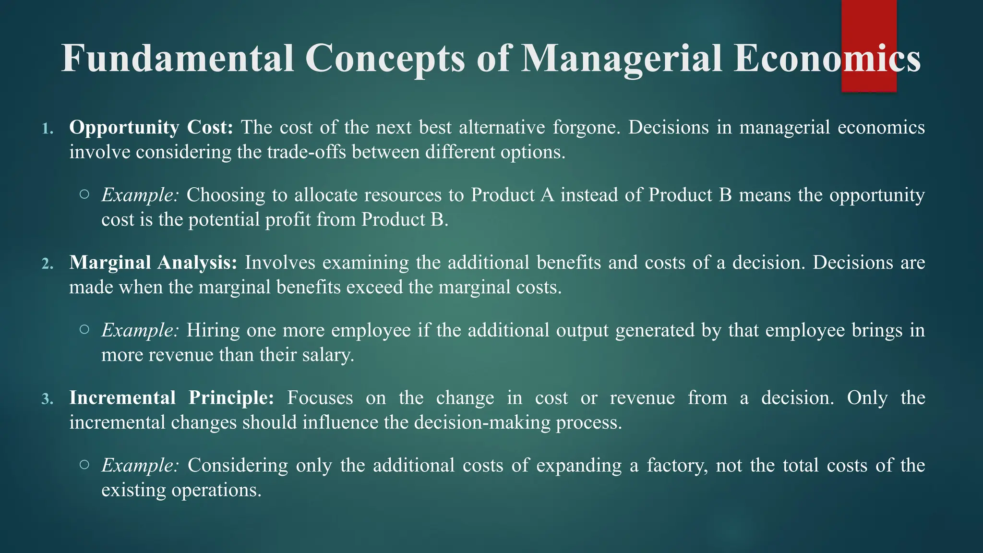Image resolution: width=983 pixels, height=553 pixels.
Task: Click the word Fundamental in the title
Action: pyautogui.click(x=178, y=59)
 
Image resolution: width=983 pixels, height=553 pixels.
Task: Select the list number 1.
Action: pyautogui.click(x=47, y=129)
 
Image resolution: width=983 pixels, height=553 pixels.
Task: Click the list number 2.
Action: pyautogui.click(x=47, y=264)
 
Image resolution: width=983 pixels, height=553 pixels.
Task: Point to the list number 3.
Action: pyautogui.click(x=47, y=399)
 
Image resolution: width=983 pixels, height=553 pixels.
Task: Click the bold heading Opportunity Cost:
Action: pyautogui.click(x=151, y=128)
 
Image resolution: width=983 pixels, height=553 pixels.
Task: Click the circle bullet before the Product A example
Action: pyautogui.click(x=84, y=194)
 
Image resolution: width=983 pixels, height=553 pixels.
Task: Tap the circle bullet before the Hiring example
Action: pyautogui.click(x=84, y=330)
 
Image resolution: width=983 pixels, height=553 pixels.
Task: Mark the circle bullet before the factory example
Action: pyautogui.click(x=84, y=465)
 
